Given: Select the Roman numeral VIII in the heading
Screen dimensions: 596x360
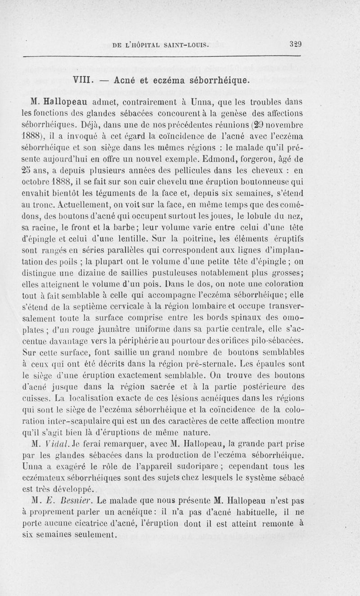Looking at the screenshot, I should [x=83, y=81].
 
